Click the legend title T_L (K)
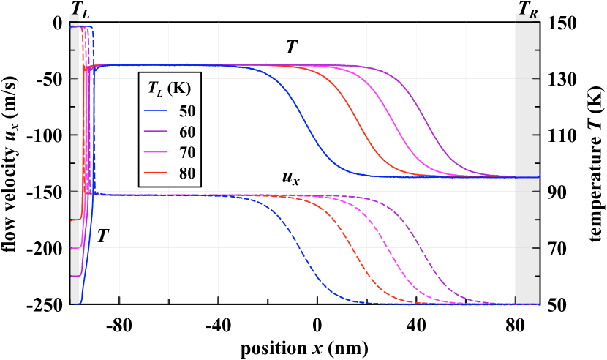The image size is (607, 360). [169, 89]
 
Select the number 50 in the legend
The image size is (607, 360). [187, 111]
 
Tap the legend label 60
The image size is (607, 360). [187, 132]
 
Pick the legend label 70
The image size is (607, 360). [187, 153]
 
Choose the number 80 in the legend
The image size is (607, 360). [187, 174]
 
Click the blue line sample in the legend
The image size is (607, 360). [157, 111]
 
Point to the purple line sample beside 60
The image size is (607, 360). [157, 132]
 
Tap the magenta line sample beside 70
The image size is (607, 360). [157, 153]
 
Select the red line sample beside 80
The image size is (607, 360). [157, 174]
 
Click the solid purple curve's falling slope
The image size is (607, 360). [428, 124]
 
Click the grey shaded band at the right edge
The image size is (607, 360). [527, 161]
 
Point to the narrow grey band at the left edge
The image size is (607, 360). [75, 161]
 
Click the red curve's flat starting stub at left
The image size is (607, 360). [75, 219]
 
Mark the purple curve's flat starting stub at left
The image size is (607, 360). [75, 276]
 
